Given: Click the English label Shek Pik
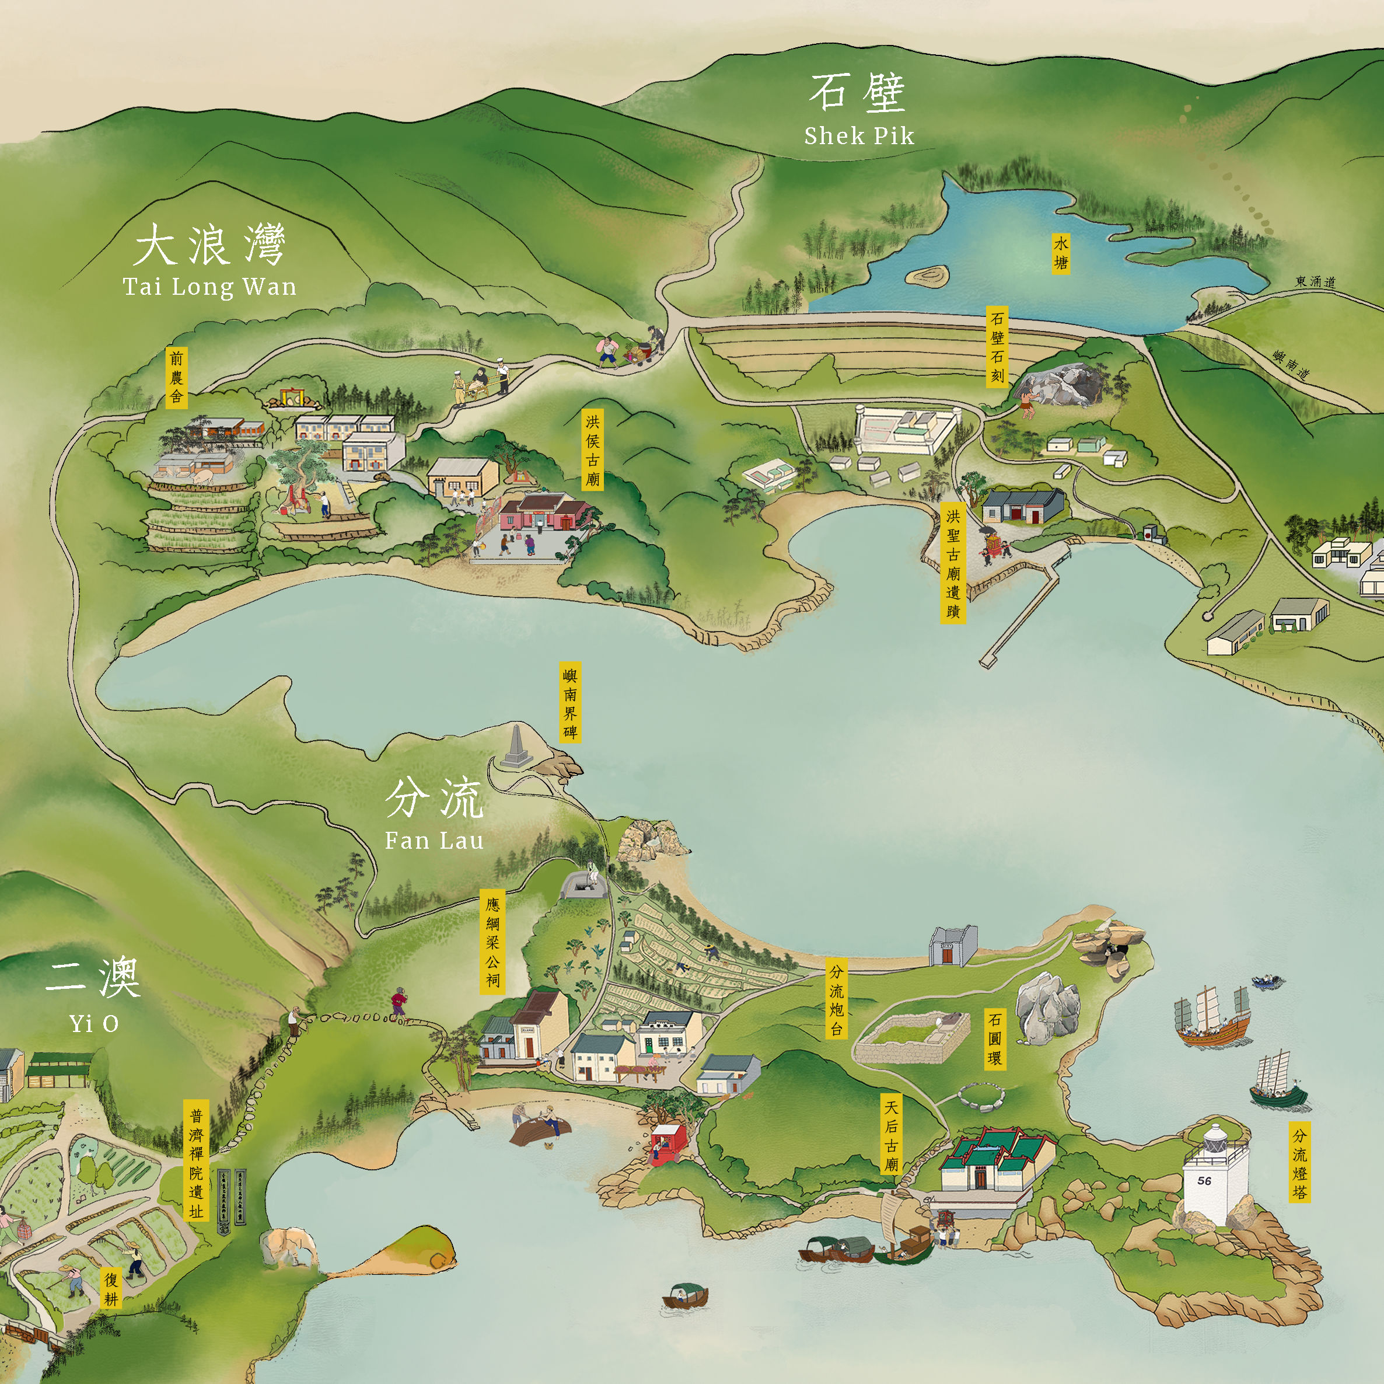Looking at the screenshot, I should tap(859, 135).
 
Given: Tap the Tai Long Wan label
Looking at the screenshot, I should tap(209, 287).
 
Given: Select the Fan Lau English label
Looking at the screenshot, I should tap(434, 840).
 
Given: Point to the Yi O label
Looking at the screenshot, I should tap(94, 1023).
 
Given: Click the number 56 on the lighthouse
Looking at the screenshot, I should tap(1204, 1180).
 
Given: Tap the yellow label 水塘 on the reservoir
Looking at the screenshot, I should tap(1061, 253).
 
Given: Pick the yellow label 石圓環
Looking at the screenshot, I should tap(994, 1038).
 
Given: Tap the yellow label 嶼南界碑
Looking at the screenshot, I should tap(570, 702).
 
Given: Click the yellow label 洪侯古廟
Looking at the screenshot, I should tap(592, 450).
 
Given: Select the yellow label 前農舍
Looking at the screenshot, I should tap(176, 378).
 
